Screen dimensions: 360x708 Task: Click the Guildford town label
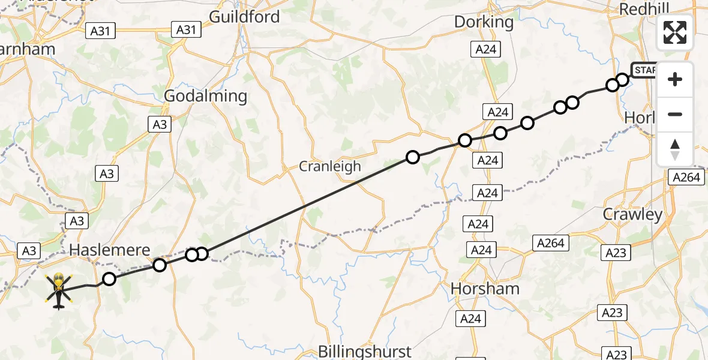point(244,17)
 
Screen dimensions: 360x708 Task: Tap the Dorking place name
point(484,22)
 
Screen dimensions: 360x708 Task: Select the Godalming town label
point(205,96)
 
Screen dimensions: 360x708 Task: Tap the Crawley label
point(633,214)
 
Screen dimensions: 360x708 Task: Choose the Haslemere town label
point(109,250)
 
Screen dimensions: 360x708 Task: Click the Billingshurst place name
point(365,351)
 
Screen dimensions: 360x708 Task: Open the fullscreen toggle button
point(675,32)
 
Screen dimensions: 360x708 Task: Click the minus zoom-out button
point(675,114)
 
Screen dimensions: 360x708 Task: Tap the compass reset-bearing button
point(675,149)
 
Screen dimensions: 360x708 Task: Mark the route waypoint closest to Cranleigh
point(413,157)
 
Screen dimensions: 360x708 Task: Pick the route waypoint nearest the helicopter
point(109,278)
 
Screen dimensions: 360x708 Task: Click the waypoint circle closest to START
point(622,79)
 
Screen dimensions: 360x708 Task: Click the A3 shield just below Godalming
point(159,124)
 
